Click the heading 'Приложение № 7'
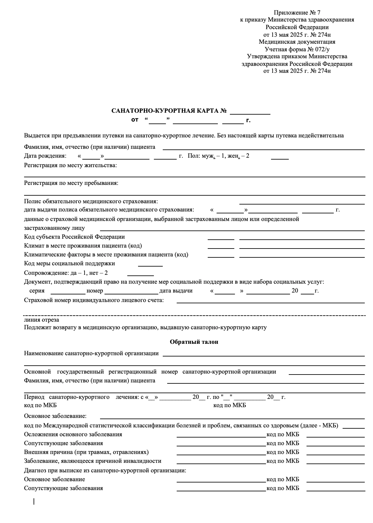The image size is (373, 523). point(297,13)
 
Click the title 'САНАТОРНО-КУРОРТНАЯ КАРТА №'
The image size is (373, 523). point(169,111)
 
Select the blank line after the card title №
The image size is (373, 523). point(250,112)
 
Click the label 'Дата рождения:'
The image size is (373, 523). point(45,156)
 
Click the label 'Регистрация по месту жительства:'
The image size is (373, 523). point(70,165)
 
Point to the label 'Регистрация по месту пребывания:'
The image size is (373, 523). point(71,183)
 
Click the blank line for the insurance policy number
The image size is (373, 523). point(302,203)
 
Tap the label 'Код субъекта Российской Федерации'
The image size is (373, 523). point(74,237)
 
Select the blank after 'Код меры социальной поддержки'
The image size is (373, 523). point(150,265)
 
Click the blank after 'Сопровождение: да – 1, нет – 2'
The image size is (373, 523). point(140,274)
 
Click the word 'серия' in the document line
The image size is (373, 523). point(37,291)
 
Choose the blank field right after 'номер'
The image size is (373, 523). point(131,292)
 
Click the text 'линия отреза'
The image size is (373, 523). point(41,320)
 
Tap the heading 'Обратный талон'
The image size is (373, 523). point(194,342)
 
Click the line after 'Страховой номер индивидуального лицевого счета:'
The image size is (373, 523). point(270,301)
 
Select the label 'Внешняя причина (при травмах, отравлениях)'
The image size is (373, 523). point(86,452)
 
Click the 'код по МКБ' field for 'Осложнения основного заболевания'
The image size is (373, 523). point(335,436)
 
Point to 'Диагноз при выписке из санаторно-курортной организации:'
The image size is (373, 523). point(105,470)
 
